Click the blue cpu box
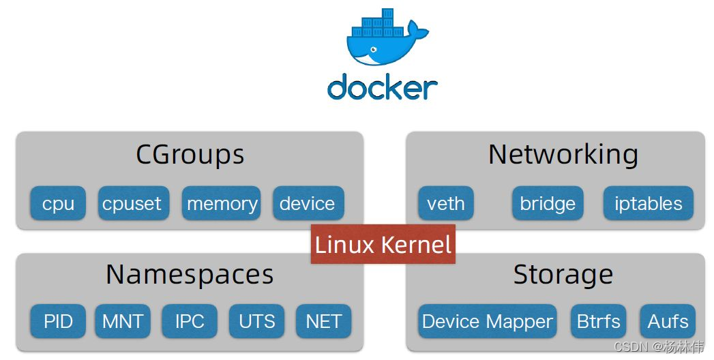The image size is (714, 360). point(58,203)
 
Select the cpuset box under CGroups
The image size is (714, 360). point(132,203)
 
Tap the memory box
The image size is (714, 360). point(222,203)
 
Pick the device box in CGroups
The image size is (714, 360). point(308,203)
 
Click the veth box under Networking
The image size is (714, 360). point(445,203)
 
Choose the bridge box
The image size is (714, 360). point(548,203)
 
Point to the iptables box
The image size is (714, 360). point(648,203)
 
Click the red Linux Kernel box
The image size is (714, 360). point(383,244)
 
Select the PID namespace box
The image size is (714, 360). point(58,321)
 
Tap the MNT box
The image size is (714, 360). point(122,321)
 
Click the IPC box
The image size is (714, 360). point(189,321)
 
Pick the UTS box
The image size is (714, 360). point(256,321)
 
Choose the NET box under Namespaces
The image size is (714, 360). point(323,321)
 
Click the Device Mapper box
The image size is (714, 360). point(487,321)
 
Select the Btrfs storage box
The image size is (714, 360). point(598,321)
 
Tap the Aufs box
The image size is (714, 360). point(668,321)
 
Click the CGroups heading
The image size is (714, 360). point(190,155)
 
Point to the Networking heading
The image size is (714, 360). point(563,155)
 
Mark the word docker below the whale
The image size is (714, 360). point(382,87)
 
